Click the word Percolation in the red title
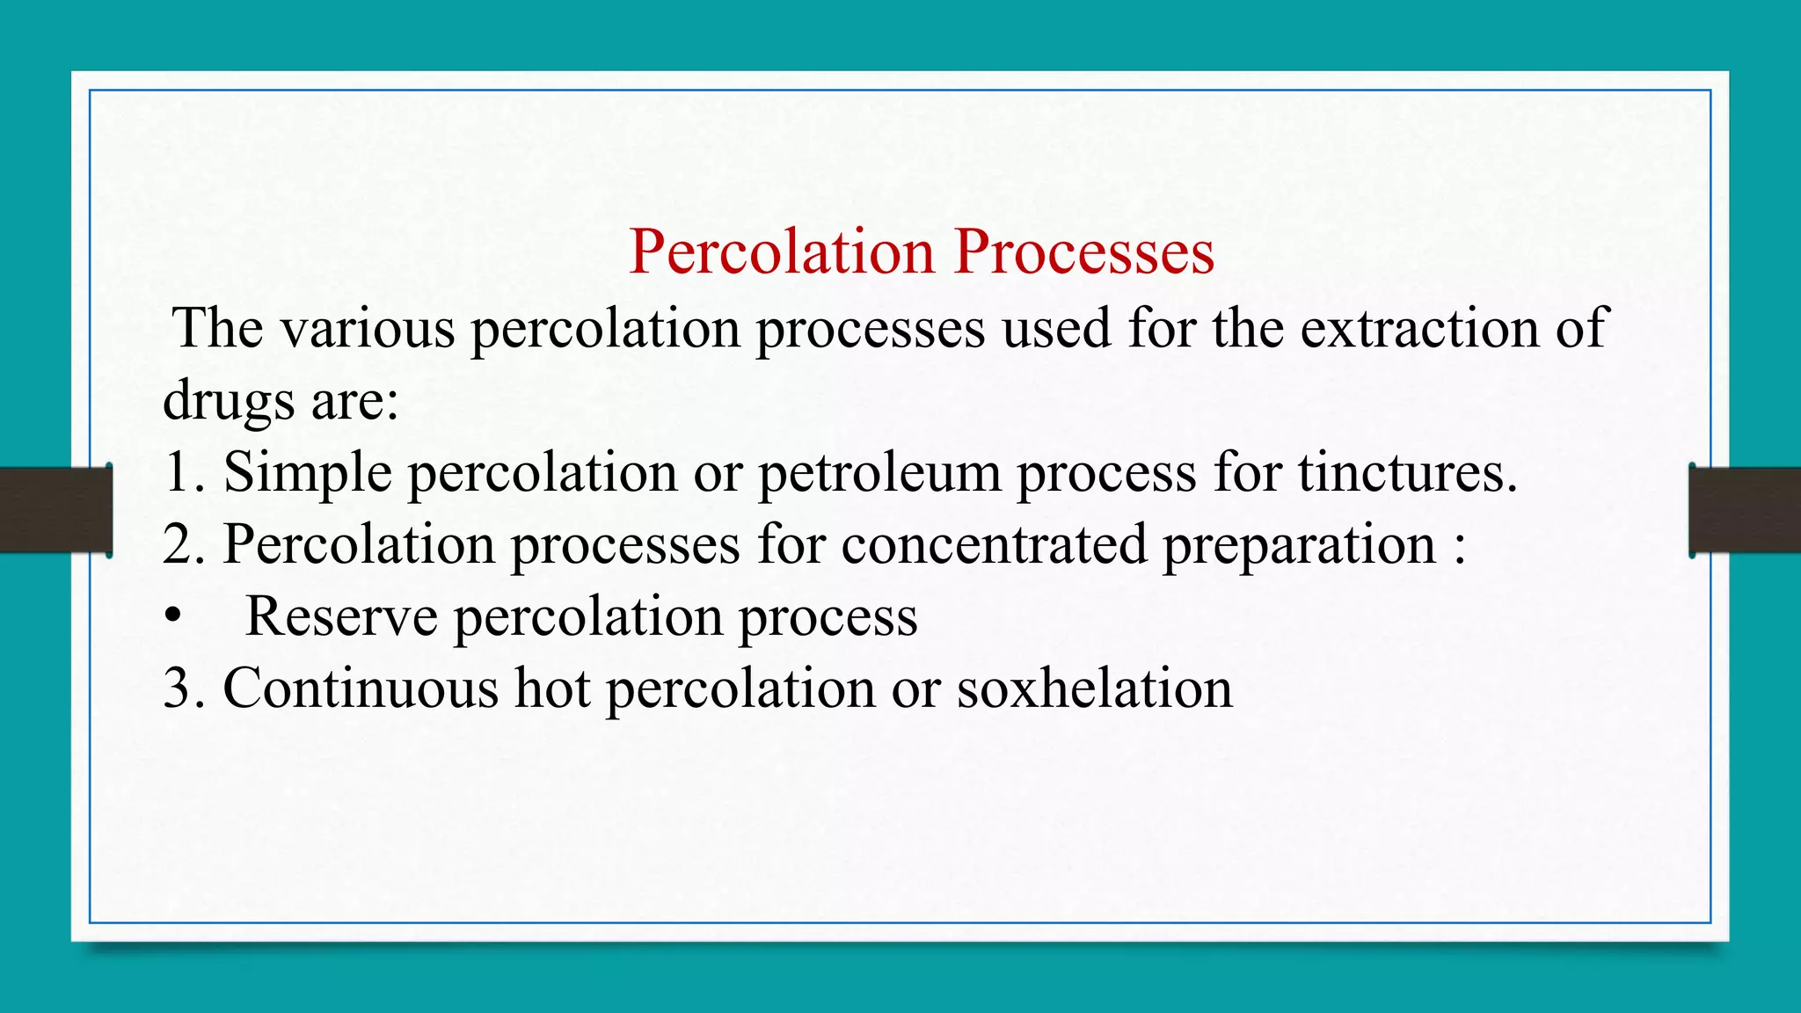(782, 252)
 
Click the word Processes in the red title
(1084, 252)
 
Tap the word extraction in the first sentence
(1419, 329)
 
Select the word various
(368, 329)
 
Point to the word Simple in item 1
(307, 473)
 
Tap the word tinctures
(1406, 473)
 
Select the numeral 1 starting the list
(177, 472)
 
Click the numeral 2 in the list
(178, 544)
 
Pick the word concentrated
(994, 544)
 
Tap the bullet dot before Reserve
(172, 617)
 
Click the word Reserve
(341, 616)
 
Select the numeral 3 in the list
(178, 689)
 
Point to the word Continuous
(361, 689)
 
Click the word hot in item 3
(552, 689)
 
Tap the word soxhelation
(1094, 689)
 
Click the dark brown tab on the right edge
(1745, 510)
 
